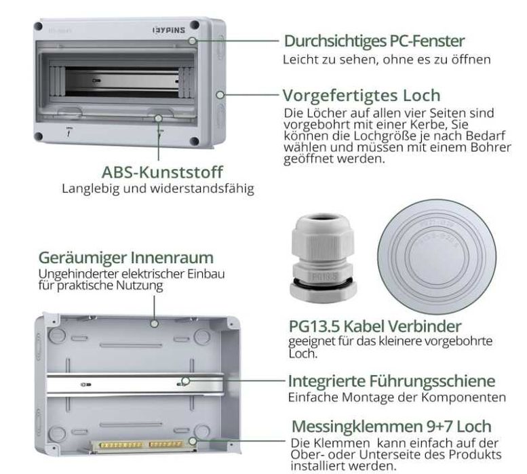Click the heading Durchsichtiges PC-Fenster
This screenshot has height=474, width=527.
374,41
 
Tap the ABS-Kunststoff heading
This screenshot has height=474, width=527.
162,172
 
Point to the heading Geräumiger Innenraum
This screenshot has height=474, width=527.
126,258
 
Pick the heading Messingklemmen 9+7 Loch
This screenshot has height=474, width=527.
391,427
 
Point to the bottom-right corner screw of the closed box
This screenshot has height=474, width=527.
195,141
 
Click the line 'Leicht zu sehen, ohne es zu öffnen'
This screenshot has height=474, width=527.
386,59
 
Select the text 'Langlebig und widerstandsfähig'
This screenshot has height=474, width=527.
158,189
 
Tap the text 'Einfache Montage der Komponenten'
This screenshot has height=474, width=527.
397,397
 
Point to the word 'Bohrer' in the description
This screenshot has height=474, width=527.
495,149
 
